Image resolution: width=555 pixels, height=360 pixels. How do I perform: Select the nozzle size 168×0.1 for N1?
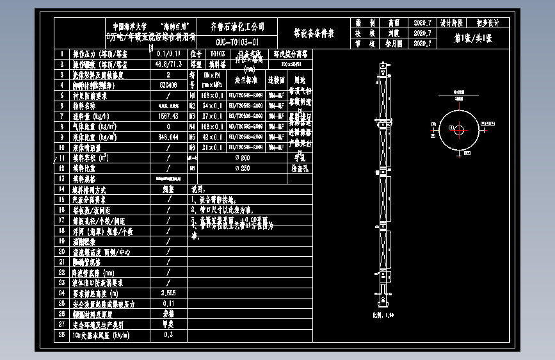pyautogui.click(x=213, y=95)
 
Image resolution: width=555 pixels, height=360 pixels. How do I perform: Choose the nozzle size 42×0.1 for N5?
pyautogui.click(x=213, y=136)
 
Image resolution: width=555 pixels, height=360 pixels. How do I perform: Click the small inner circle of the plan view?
pyautogui.click(x=459, y=130)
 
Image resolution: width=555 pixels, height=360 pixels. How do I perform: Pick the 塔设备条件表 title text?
pyautogui.click(x=314, y=33)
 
